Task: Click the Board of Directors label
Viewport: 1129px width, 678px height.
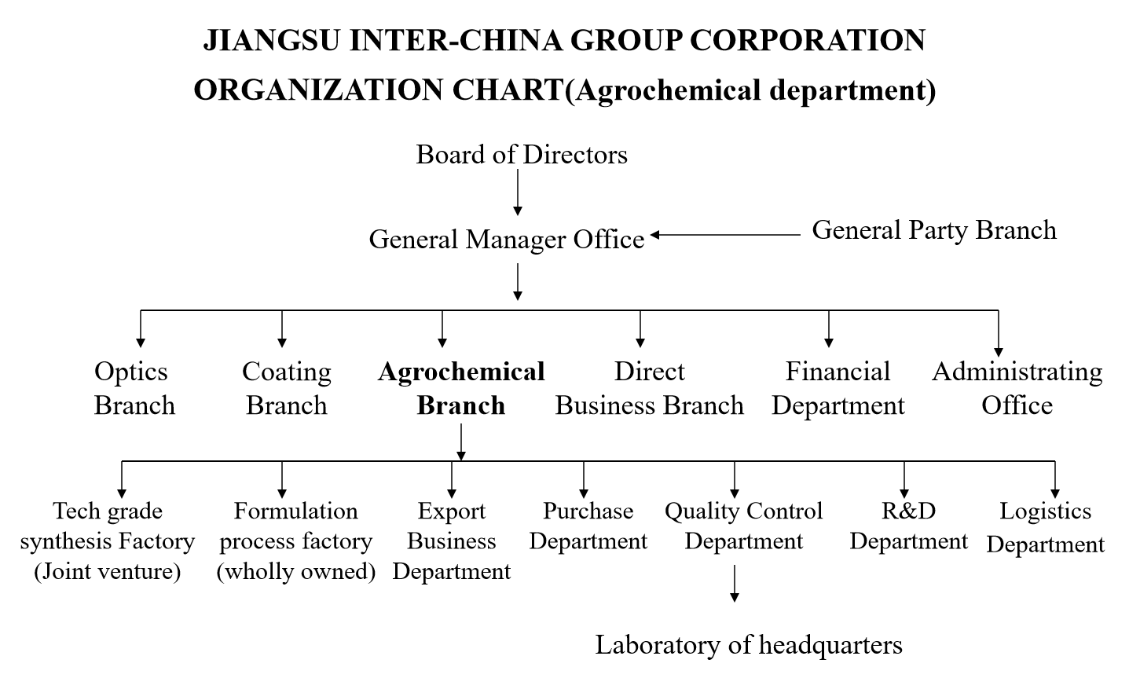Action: [522, 154]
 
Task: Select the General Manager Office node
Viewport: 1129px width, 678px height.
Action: [507, 239]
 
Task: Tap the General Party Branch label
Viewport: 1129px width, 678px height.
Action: [934, 230]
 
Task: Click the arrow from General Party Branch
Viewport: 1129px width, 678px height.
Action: [725, 235]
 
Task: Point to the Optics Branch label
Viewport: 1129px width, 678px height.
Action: [134, 388]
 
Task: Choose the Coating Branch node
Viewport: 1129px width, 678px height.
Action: [286, 388]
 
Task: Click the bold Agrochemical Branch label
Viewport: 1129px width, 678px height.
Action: [461, 388]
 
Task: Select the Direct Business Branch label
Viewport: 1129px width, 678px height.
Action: [649, 388]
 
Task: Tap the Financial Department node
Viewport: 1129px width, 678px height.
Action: [838, 388]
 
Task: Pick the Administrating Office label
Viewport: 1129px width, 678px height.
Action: [1017, 388]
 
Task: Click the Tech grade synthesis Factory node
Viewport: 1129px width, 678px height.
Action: [108, 541]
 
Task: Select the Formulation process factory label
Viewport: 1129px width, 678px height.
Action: [296, 541]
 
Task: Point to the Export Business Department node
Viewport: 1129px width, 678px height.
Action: [452, 541]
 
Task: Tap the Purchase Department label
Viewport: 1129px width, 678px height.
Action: [588, 526]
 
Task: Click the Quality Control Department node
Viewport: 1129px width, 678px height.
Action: [743, 526]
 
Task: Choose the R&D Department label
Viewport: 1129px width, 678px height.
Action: [909, 526]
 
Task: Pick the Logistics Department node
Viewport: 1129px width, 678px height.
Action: [1046, 527]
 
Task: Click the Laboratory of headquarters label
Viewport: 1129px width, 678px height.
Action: [749, 645]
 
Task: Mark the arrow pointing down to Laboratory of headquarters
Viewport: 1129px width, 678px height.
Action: [735, 583]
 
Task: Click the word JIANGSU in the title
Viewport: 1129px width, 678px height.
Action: [271, 40]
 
